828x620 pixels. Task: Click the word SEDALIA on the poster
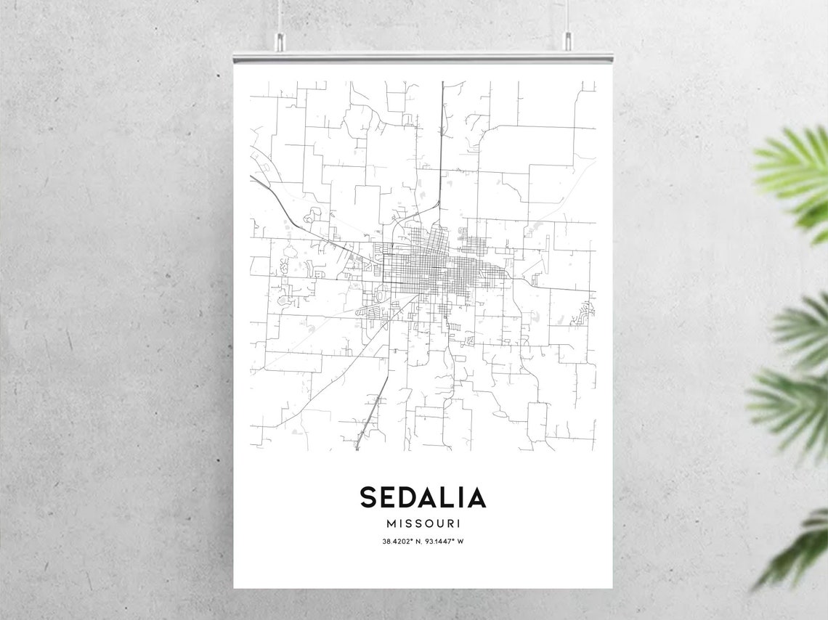click(423, 498)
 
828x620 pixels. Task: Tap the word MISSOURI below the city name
click(423, 523)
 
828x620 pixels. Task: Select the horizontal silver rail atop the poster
click(423, 57)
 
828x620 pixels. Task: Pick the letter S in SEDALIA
click(368, 498)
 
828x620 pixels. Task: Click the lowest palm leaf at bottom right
click(799, 552)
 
